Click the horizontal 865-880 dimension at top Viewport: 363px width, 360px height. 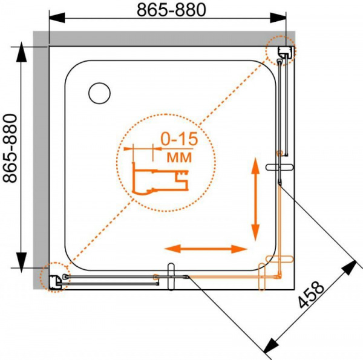[x=171, y=10]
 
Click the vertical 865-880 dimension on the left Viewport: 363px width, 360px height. [x=10, y=148]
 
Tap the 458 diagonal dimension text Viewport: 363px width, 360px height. [x=310, y=295]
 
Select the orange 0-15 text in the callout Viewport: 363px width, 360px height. [x=180, y=139]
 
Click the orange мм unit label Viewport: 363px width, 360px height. [x=180, y=157]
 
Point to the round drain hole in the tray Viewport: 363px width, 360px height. [x=100, y=93]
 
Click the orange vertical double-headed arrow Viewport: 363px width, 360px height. [x=255, y=199]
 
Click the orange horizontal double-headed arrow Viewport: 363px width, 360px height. [x=206, y=249]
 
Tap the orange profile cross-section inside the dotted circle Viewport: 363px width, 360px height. [x=160, y=178]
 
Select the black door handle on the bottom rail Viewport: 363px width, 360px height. [x=171, y=277]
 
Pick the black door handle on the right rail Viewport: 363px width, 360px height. [x=280, y=167]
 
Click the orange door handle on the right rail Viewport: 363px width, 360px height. [x=280, y=259]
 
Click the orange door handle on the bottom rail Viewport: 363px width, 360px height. [x=262, y=277]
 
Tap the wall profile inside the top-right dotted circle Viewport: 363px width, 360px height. [x=283, y=53]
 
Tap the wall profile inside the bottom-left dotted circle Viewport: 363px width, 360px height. [x=56, y=282]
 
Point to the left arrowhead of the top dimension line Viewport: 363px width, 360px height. [x=57, y=18]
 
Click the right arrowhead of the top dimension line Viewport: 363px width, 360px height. [x=278, y=18]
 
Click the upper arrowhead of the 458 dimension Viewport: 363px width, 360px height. [x=349, y=267]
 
